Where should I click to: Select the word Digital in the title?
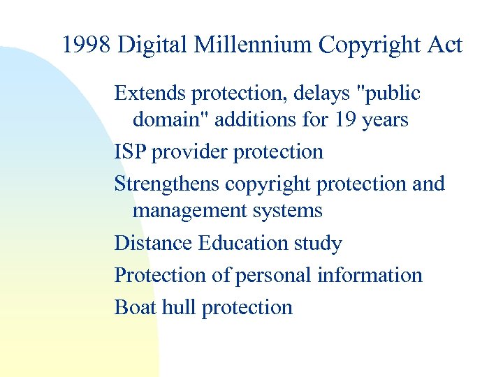pos(154,46)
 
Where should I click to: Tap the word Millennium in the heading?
pos(254,46)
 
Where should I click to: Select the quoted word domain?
pos(166,120)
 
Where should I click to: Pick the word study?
pos(320,243)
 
